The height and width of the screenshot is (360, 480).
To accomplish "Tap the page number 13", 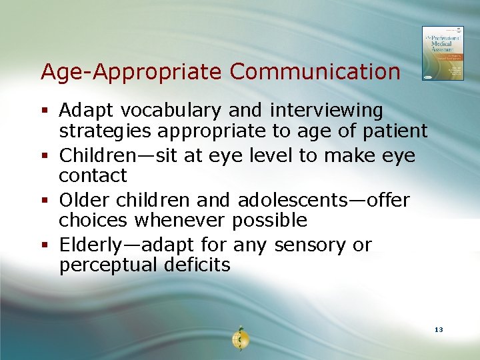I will pos(438,330).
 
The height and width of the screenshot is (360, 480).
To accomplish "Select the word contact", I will pos(93,176).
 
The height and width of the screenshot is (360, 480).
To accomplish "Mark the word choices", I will pos(91,221).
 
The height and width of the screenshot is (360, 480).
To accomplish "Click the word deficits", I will pos(197,265).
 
